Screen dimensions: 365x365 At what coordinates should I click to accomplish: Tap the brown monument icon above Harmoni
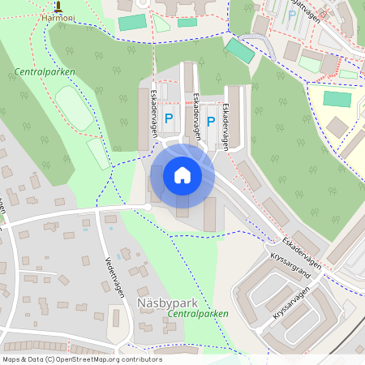click(57, 5)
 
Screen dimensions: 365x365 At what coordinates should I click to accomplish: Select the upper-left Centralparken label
click(45, 72)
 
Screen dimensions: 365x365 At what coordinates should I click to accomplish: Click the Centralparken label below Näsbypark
click(197, 313)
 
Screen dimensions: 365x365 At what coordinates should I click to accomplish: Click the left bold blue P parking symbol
click(169, 118)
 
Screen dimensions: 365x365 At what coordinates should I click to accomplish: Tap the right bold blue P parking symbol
click(211, 122)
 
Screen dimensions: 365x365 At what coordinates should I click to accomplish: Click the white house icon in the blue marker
click(182, 174)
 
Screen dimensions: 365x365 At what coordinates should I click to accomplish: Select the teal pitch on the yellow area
click(337, 99)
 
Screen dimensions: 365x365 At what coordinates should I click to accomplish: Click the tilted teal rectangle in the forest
click(239, 51)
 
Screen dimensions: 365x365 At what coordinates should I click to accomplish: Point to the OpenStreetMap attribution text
click(82, 359)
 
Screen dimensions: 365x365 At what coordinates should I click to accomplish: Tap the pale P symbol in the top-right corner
click(291, 14)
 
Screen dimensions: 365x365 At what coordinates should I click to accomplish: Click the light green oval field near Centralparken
click(73, 108)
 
